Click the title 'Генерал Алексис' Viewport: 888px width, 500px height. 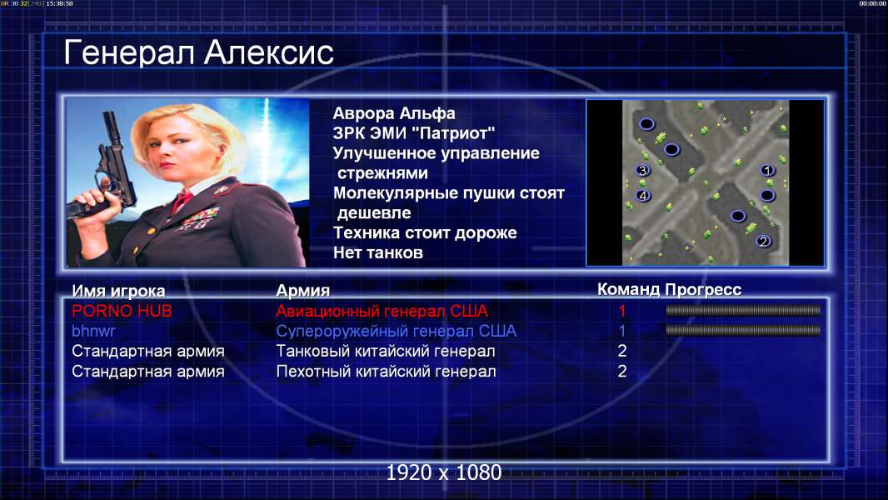point(198,53)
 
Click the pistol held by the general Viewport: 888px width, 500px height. point(107,170)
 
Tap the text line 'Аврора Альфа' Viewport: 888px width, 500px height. point(393,113)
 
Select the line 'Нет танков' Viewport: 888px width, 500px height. point(377,252)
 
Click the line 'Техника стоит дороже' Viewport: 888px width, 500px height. point(425,232)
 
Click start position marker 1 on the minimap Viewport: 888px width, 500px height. point(767,170)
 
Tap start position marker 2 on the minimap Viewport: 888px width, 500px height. point(763,241)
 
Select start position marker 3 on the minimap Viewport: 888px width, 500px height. point(642,170)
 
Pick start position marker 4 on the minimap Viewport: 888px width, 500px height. point(642,196)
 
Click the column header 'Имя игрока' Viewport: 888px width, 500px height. point(118,291)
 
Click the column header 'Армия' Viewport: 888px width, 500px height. point(303,291)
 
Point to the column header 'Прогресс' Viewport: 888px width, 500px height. point(703,290)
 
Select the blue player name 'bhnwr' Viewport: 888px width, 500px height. point(93,332)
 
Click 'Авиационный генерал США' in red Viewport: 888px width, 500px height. point(382,311)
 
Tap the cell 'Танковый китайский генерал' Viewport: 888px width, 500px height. point(386,351)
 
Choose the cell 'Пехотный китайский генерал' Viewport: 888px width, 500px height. point(387,372)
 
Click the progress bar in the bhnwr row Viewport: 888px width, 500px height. point(743,330)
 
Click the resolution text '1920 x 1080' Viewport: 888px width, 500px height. point(444,472)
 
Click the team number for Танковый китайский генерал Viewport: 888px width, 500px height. point(621,351)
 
